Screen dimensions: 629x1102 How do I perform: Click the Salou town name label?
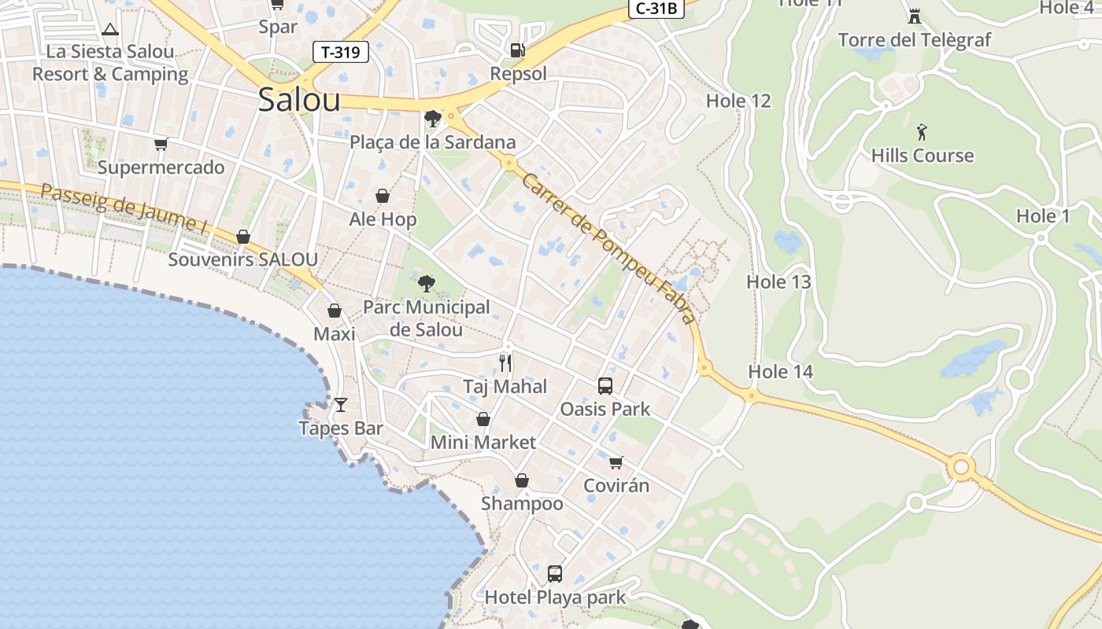pyautogui.click(x=299, y=100)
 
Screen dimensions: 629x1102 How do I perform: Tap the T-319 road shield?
pyautogui.click(x=341, y=53)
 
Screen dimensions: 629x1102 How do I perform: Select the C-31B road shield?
pyautogui.click(x=656, y=9)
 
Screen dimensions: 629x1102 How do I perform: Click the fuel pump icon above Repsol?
pyautogui.click(x=517, y=50)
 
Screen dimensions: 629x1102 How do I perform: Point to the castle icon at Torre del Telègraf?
pyautogui.click(x=914, y=16)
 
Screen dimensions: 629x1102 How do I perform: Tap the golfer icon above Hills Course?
pyautogui.click(x=922, y=131)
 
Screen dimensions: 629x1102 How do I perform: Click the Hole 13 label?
pyautogui.click(x=778, y=281)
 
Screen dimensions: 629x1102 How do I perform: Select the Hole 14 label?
pyautogui.click(x=780, y=372)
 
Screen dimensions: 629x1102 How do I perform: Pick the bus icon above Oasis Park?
pyautogui.click(x=605, y=385)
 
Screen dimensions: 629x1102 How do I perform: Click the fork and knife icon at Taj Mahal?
pyautogui.click(x=505, y=362)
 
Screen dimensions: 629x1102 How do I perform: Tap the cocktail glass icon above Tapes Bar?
pyautogui.click(x=340, y=405)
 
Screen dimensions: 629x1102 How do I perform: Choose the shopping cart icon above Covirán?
pyautogui.click(x=616, y=462)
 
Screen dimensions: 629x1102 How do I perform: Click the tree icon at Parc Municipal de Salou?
pyautogui.click(x=427, y=283)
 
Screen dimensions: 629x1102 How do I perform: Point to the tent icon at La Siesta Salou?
pyautogui.click(x=109, y=30)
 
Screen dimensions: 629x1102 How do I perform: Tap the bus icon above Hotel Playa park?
pyautogui.click(x=554, y=573)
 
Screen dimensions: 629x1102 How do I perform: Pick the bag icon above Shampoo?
pyautogui.click(x=521, y=480)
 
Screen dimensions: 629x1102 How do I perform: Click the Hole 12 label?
pyautogui.click(x=738, y=101)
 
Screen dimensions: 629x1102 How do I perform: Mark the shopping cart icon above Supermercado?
pyautogui.click(x=161, y=144)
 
